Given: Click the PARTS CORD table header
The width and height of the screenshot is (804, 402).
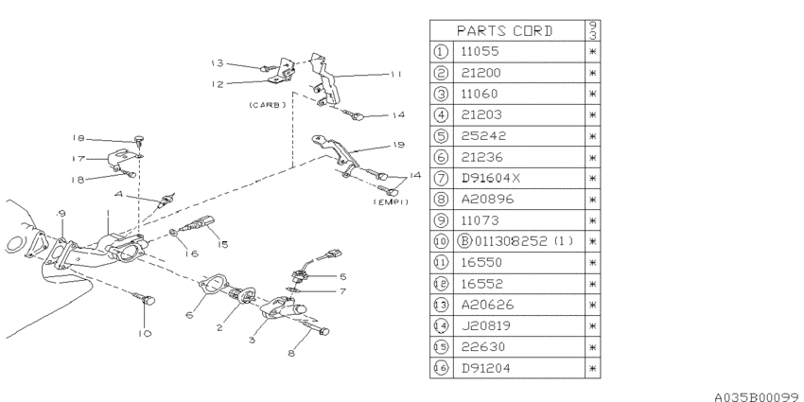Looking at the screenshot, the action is click(x=504, y=31).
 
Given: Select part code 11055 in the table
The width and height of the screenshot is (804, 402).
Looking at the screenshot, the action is click(x=480, y=52).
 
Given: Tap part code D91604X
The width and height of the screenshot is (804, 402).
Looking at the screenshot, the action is click(x=491, y=178).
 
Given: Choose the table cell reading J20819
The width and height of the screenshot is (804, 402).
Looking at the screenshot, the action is click(x=485, y=325).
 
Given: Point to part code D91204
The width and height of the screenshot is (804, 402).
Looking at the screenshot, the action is click(x=485, y=368).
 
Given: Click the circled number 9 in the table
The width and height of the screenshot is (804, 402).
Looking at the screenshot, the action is click(x=441, y=220).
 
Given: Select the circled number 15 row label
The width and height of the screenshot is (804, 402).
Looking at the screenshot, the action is click(x=441, y=346).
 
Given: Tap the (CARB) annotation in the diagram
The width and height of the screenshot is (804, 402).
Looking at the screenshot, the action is click(x=267, y=105).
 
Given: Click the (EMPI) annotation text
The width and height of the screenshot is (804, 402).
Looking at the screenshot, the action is click(x=392, y=202).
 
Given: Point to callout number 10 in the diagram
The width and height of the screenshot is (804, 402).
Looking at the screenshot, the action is click(x=145, y=333).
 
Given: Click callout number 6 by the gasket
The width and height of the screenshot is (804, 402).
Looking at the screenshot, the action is click(x=189, y=315).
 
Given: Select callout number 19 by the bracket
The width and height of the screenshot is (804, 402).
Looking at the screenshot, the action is click(x=398, y=145).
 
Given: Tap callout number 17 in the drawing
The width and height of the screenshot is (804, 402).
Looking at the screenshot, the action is click(x=79, y=159).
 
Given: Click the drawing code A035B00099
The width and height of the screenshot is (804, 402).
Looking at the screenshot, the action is click(x=757, y=396).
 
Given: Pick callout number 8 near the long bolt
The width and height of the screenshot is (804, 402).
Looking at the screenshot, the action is click(x=291, y=354).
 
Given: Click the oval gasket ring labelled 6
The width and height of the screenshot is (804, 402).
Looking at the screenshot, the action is click(x=211, y=285).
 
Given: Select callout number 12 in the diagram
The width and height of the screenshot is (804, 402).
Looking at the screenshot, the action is click(x=218, y=84).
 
